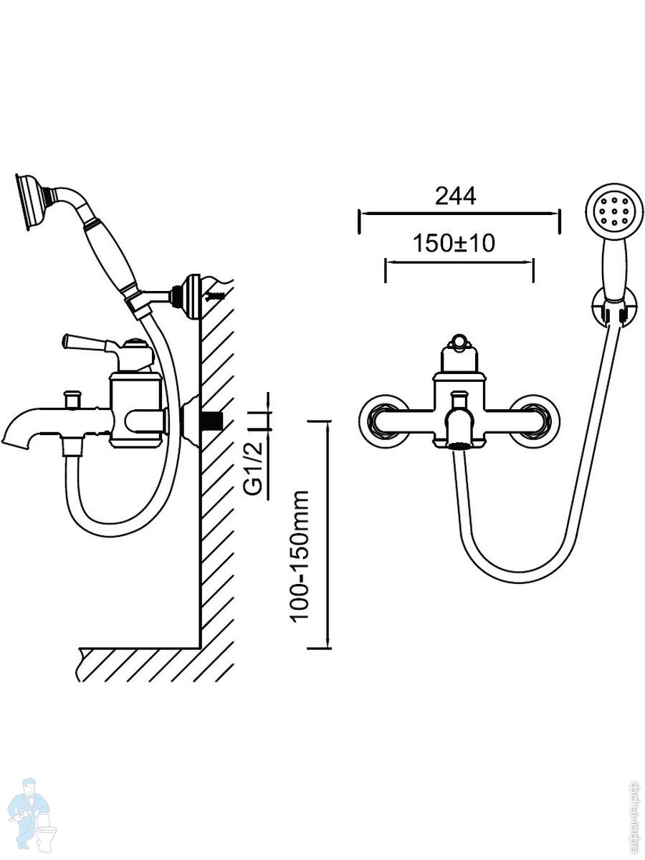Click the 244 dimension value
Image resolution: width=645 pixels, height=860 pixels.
(455, 196)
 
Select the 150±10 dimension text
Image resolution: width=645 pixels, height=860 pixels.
(454, 244)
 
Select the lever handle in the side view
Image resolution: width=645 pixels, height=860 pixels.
(90, 341)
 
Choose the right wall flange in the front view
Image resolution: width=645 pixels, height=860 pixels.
(540, 421)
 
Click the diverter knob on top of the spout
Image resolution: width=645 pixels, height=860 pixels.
(72, 396)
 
